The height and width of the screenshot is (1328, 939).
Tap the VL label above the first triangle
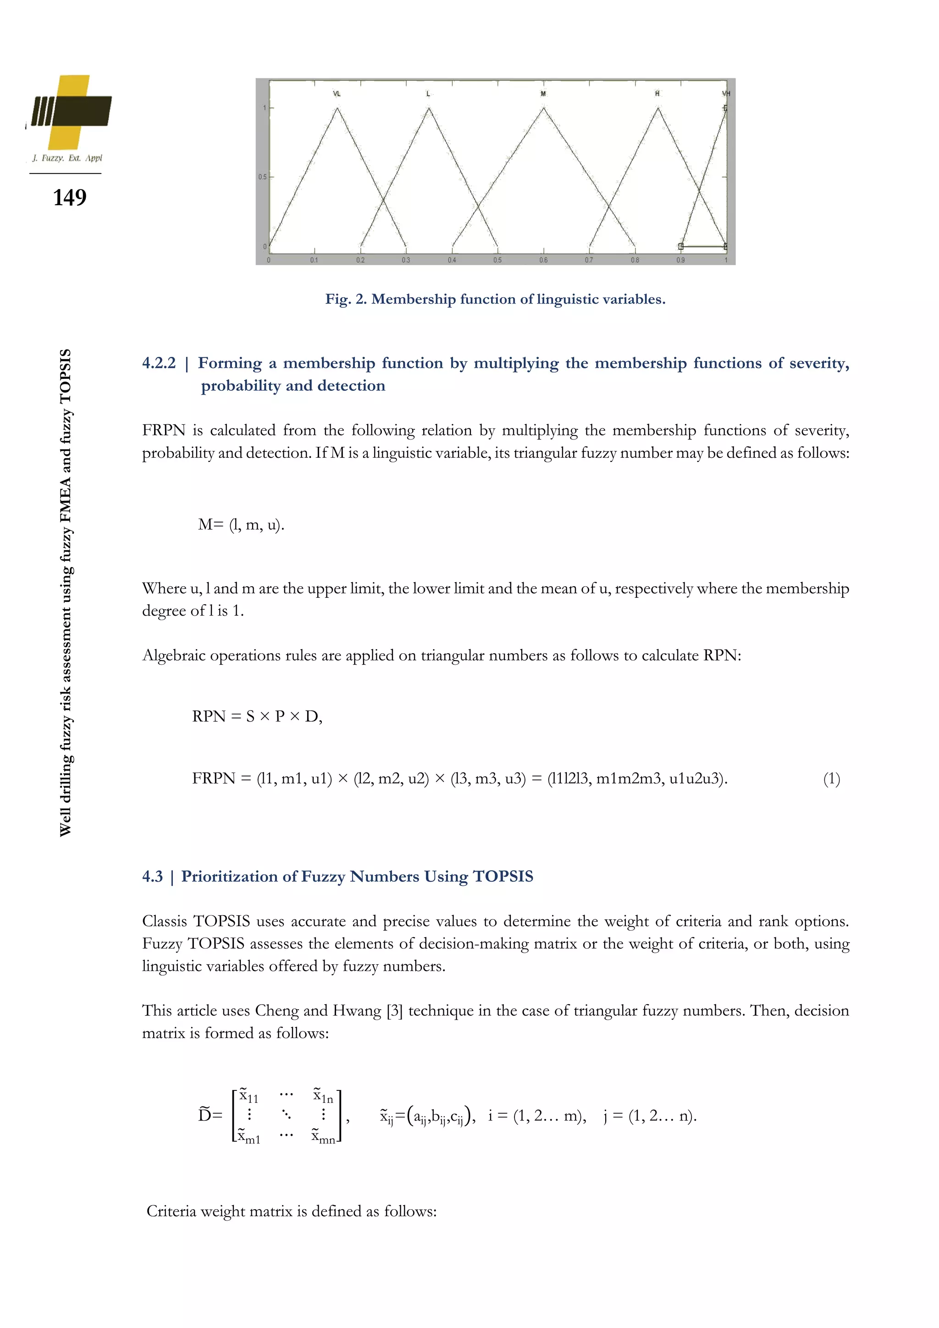(x=337, y=94)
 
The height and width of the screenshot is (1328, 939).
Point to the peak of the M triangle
(x=543, y=108)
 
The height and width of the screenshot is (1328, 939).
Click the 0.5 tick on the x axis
(x=497, y=260)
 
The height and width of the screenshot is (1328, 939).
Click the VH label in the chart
(x=726, y=94)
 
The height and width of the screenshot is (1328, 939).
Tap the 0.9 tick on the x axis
(x=680, y=260)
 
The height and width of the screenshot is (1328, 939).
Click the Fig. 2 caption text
(x=495, y=299)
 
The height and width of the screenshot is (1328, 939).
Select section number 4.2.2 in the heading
(x=159, y=363)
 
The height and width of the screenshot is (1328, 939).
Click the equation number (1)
(x=831, y=779)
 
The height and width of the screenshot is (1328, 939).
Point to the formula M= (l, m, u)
(x=241, y=525)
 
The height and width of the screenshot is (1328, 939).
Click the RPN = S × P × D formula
(x=257, y=717)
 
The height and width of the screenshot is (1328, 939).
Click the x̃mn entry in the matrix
(x=323, y=1137)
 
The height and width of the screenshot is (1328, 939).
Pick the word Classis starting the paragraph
(x=165, y=922)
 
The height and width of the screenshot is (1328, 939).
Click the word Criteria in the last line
(x=171, y=1211)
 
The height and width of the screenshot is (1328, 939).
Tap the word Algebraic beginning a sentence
(x=173, y=656)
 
